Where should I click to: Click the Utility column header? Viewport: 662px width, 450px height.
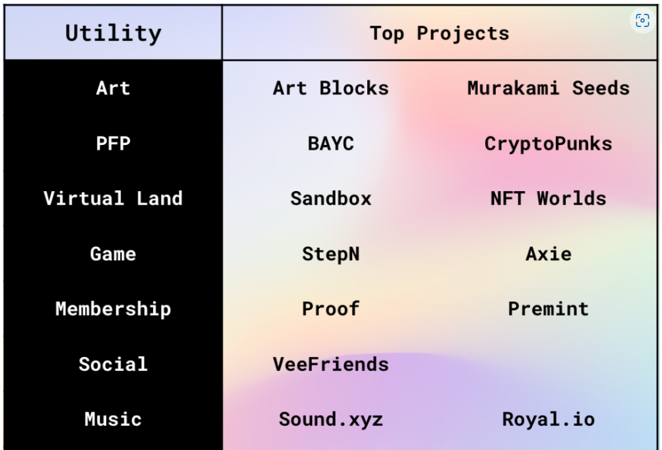click(x=113, y=33)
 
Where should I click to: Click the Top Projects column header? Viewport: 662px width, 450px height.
click(x=440, y=34)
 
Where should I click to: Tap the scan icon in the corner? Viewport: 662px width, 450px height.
click(x=642, y=20)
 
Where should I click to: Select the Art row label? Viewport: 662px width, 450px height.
click(x=113, y=88)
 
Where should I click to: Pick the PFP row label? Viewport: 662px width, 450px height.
click(x=113, y=144)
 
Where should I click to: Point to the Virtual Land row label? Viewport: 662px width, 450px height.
click(x=113, y=198)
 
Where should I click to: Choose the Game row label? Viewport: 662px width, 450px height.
click(x=113, y=254)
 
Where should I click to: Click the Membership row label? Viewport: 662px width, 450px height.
click(x=113, y=309)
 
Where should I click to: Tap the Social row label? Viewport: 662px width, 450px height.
click(x=113, y=364)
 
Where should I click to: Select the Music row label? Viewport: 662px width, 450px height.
click(x=113, y=419)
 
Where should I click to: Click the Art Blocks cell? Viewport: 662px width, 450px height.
click(x=330, y=88)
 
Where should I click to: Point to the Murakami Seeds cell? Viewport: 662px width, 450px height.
click(x=549, y=88)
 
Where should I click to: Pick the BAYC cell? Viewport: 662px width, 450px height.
click(x=330, y=144)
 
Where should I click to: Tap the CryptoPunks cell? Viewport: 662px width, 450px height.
click(x=549, y=144)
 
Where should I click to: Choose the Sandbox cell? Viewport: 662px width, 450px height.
click(x=330, y=198)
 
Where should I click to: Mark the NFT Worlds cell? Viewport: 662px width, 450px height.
click(x=549, y=198)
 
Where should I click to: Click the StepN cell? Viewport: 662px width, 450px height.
click(x=330, y=254)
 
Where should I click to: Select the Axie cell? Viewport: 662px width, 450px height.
click(x=549, y=254)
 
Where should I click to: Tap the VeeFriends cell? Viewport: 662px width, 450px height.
click(x=330, y=364)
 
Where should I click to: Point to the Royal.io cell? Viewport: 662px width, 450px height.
click(x=549, y=419)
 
